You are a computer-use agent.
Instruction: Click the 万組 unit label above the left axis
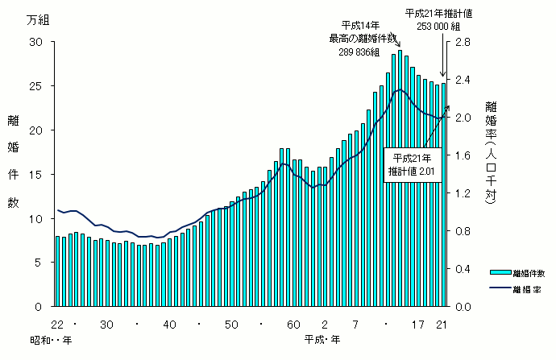point(35,19)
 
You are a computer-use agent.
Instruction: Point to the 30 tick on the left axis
point(36,41)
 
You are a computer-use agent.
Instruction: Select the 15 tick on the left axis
point(36,174)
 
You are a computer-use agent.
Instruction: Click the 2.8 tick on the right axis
point(465,41)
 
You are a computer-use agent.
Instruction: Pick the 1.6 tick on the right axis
point(465,155)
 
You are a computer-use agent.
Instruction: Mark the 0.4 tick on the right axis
point(465,269)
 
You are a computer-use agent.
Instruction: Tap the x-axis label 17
point(417,324)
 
